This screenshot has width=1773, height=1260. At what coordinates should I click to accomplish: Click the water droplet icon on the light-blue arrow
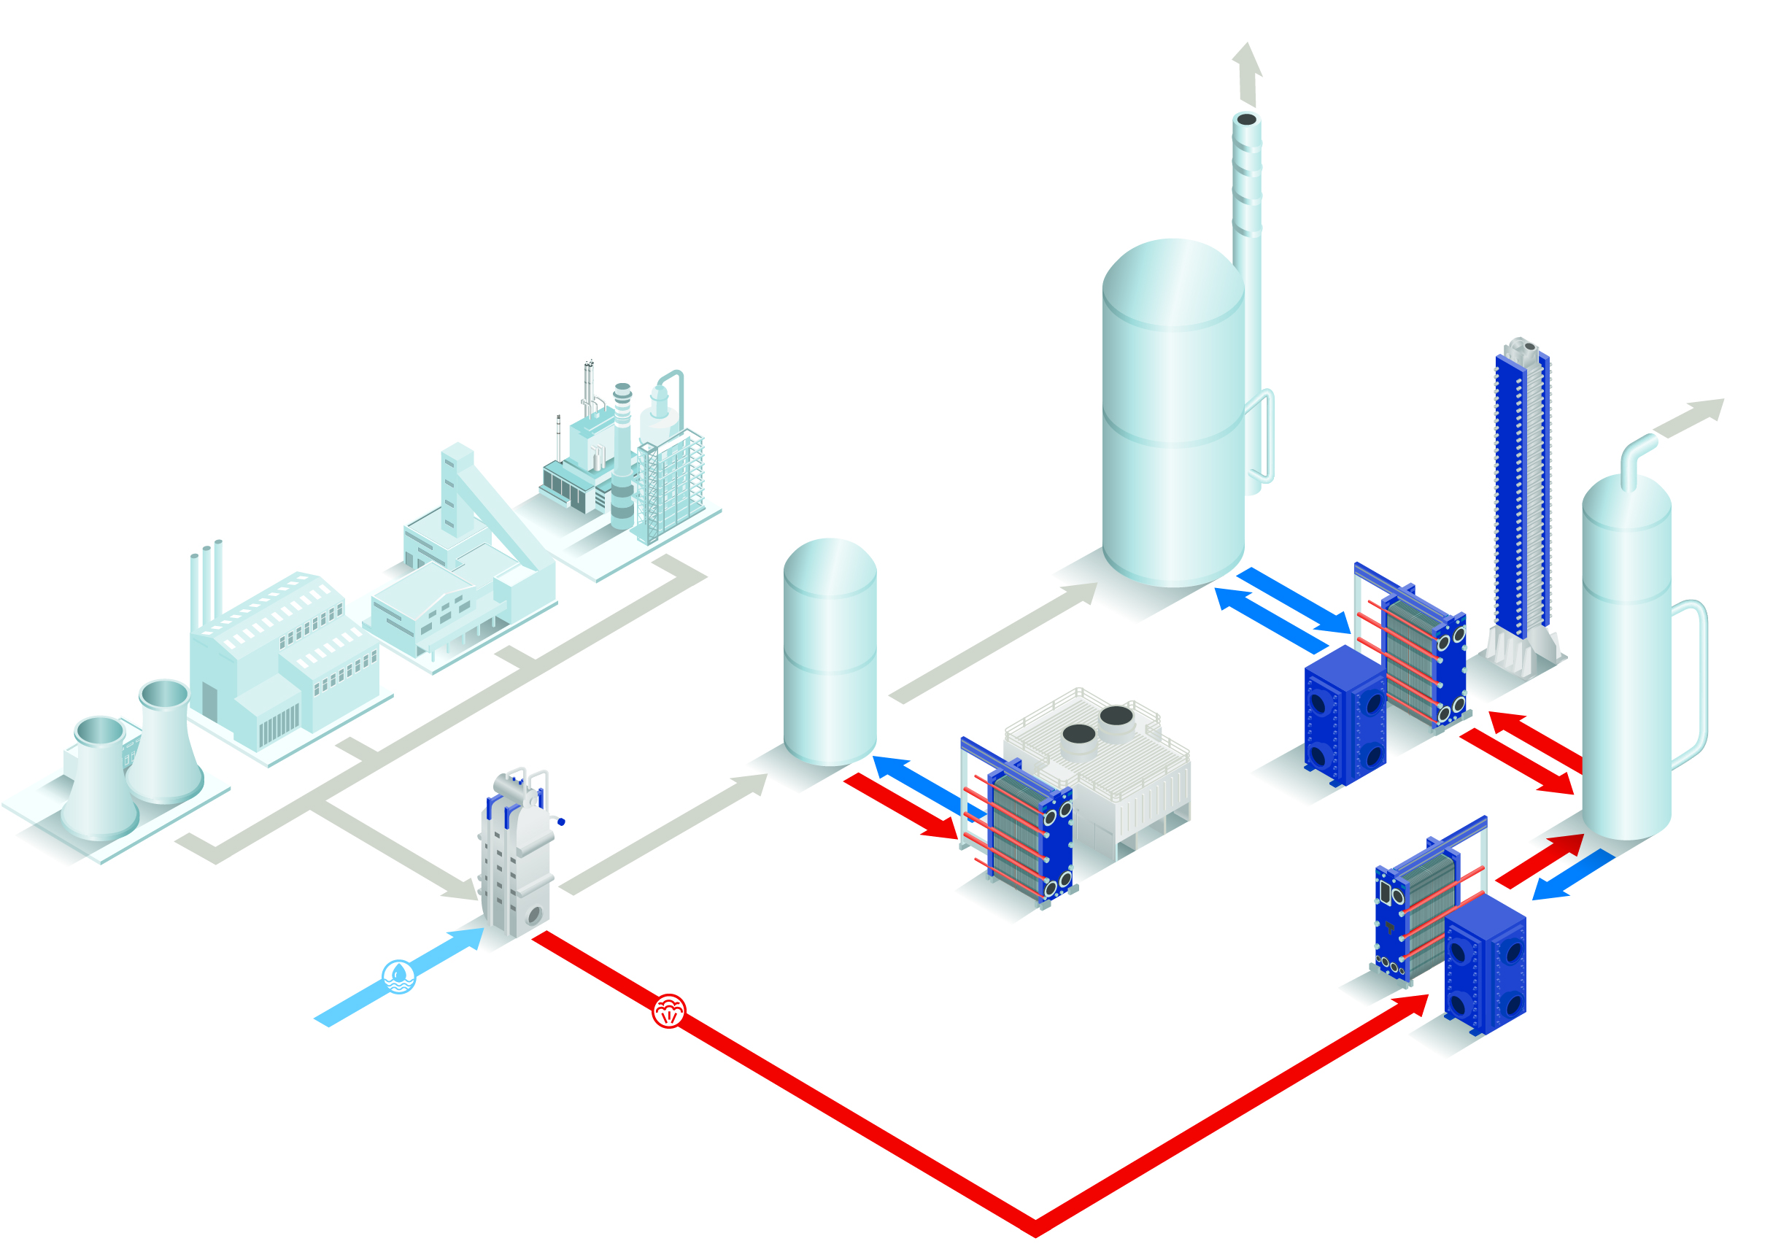click(399, 976)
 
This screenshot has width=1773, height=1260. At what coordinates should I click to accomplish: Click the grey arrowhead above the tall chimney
click(1248, 62)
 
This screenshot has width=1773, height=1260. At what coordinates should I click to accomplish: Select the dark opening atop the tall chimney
click(1246, 120)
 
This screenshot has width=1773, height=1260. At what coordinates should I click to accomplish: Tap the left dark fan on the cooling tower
click(1078, 734)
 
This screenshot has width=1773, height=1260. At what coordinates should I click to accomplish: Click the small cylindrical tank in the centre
click(830, 652)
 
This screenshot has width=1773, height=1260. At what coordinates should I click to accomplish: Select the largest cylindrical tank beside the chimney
click(1173, 411)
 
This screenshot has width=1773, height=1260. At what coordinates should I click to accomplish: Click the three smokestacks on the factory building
click(206, 582)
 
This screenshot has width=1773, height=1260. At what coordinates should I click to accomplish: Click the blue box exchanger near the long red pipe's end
click(1484, 966)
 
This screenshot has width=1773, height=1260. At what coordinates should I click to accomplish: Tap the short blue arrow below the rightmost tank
click(1572, 876)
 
